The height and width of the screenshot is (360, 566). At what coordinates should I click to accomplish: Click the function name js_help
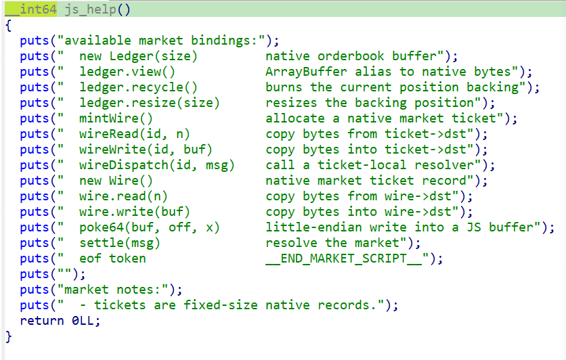point(90,9)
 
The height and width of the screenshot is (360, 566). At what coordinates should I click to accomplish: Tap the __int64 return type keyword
point(31,9)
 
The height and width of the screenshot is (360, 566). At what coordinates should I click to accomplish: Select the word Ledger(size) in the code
point(154,56)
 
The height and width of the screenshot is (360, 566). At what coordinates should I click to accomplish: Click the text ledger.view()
point(127,72)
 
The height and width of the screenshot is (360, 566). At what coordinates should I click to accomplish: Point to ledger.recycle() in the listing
point(138,87)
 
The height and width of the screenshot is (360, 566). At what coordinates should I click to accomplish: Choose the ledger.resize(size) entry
point(150,103)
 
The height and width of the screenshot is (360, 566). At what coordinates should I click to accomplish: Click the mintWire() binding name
point(116,118)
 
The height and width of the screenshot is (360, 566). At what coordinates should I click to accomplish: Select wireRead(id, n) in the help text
point(134,134)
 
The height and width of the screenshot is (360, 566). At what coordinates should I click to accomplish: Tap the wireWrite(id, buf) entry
point(146,150)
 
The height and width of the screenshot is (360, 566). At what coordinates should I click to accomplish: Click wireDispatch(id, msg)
point(156,165)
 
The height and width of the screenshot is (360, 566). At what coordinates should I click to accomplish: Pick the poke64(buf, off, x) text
point(150,227)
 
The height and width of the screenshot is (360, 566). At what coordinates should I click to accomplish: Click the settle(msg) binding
point(119,243)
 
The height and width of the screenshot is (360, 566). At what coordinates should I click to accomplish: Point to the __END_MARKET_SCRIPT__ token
point(344,258)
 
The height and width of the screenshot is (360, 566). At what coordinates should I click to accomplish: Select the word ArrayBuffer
point(306,72)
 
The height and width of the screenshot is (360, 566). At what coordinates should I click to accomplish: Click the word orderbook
point(351,56)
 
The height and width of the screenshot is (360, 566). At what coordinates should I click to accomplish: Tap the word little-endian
point(313,227)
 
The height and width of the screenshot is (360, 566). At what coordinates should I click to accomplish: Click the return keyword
point(42,321)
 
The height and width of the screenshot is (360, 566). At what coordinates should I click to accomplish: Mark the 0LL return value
point(83,321)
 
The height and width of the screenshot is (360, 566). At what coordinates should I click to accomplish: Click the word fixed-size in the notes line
point(220,305)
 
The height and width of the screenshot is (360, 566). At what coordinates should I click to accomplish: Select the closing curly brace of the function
point(9,336)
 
